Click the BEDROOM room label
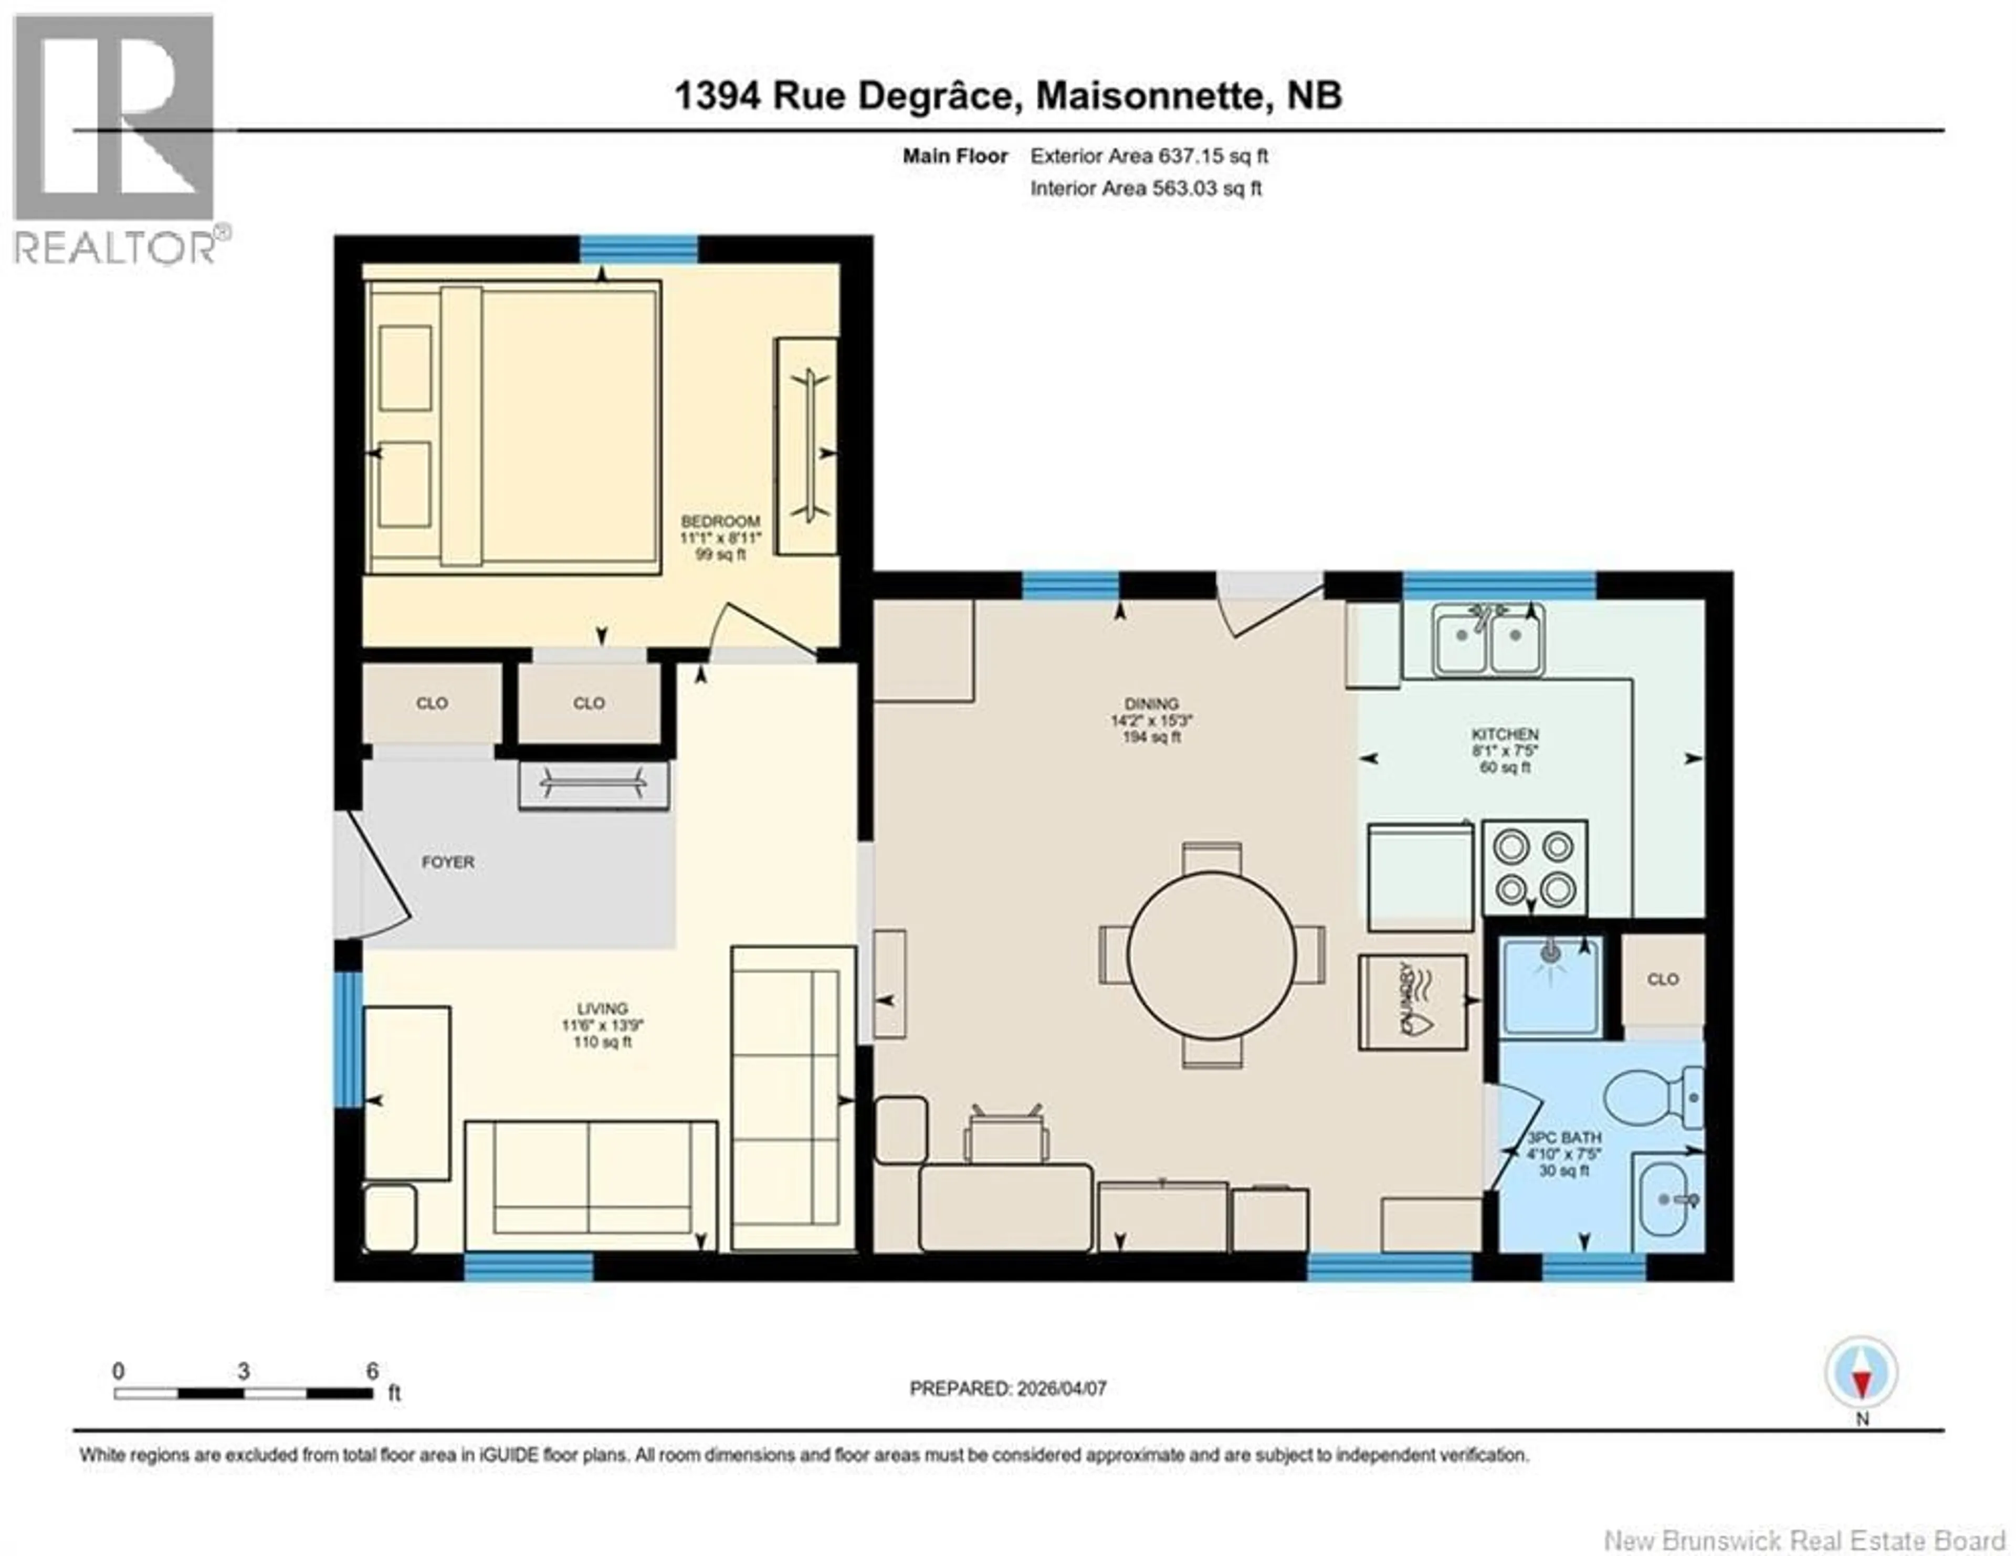720,521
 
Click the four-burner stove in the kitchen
1534,868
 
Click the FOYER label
448,862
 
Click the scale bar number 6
372,1371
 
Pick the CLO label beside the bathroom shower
1663,979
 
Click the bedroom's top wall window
638,250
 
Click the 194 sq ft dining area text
1151,738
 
